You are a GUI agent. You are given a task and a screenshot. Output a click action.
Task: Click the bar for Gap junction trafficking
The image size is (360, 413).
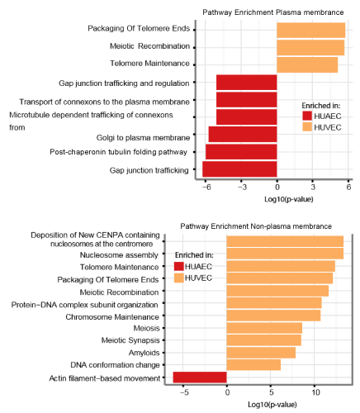pos(239,169)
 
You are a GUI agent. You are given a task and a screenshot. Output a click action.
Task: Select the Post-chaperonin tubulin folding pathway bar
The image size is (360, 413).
pos(241,152)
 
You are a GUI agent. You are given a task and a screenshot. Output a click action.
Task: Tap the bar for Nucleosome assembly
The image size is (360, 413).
pos(285,254)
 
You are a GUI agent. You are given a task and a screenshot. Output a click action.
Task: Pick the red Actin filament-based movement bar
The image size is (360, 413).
pos(200,377)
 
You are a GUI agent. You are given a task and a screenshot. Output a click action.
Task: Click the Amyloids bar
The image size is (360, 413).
pos(261,353)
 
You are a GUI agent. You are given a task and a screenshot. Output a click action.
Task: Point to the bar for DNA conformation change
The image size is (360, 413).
pos(253,365)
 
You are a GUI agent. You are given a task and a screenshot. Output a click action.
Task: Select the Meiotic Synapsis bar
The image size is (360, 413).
pos(263,340)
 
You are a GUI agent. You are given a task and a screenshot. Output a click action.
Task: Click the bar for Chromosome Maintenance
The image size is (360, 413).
pos(273,316)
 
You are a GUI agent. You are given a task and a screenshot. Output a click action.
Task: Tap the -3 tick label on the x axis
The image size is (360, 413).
pos(242,188)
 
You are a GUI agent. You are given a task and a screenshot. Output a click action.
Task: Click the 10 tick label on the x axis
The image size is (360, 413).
pos(315,392)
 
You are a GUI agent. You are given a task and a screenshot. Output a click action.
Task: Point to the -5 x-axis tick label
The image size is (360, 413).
pos(184,392)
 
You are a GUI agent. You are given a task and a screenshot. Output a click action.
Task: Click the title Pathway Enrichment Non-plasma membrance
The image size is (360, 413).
pos(256,226)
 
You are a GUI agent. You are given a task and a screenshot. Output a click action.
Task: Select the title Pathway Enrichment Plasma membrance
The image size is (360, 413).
pos(273,12)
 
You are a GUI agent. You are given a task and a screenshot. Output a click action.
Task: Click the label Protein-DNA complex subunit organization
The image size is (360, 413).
pos(85,305)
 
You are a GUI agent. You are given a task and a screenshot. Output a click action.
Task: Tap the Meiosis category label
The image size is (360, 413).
pos(146,328)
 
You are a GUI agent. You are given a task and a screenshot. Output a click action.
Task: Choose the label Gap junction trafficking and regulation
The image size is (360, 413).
pos(124,83)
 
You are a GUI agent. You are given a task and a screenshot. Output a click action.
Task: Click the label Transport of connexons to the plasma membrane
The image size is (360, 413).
pos(104,102)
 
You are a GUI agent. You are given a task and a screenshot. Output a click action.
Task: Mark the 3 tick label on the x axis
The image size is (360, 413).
pos(313,188)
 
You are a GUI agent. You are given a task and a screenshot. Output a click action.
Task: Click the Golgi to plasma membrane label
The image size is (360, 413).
pos(143,138)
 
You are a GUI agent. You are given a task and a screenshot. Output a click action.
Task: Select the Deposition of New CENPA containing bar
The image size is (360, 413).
pos(285,241)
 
